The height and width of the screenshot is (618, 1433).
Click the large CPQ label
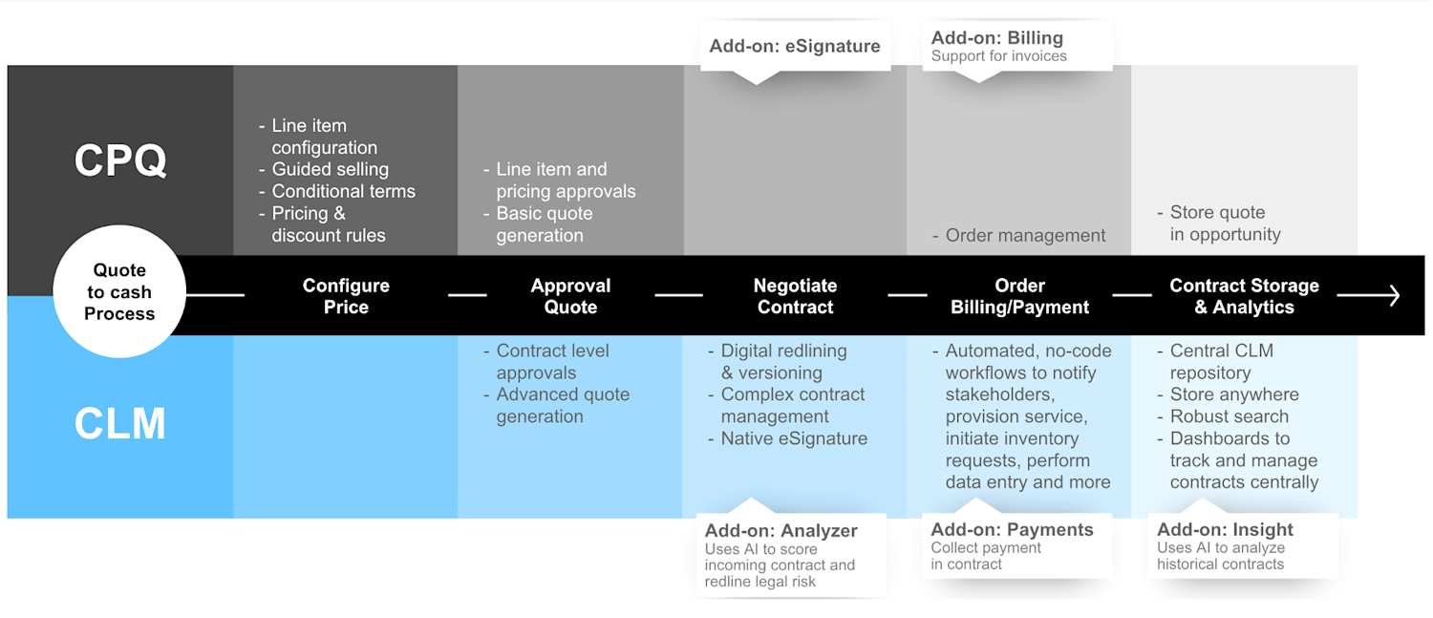(x=120, y=160)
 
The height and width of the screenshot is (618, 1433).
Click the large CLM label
(x=120, y=423)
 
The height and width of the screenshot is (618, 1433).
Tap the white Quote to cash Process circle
(x=119, y=292)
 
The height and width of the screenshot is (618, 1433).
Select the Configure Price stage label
(x=346, y=296)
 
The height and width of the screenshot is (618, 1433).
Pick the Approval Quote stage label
(x=570, y=296)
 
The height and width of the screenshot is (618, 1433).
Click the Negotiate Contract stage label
(x=795, y=296)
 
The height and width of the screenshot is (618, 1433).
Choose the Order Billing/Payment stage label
(x=1019, y=296)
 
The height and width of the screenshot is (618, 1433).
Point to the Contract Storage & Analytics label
(x=1244, y=296)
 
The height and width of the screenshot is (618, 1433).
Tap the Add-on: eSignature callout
(x=795, y=46)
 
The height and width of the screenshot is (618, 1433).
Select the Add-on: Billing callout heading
(x=996, y=38)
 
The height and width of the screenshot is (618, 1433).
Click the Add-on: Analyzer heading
(x=781, y=531)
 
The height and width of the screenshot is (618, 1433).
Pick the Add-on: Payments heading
(x=1012, y=530)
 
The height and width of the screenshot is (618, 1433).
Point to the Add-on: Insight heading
(x=1225, y=530)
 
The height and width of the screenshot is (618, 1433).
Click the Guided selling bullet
(x=330, y=169)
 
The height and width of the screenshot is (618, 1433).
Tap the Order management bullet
(x=1025, y=235)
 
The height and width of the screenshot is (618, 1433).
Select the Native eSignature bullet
(x=794, y=438)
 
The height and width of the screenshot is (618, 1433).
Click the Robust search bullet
(x=1229, y=416)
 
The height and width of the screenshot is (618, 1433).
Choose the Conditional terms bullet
(x=343, y=191)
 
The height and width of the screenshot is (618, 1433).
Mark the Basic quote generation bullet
(x=544, y=224)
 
